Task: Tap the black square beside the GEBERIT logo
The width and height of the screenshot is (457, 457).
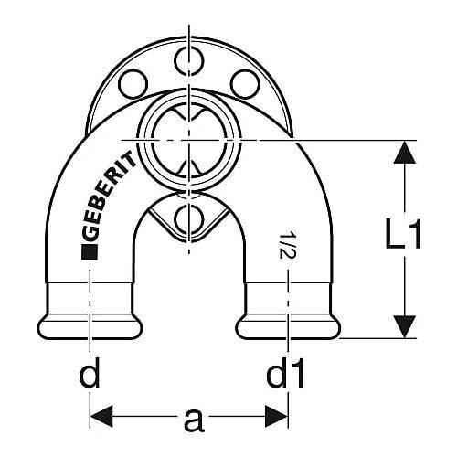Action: [90, 252]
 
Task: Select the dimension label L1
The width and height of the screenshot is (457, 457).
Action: [403, 233]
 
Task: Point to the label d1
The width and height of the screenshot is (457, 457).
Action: [285, 372]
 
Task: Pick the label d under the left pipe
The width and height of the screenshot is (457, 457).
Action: [90, 372]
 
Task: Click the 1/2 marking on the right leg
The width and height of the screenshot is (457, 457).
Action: [285, 245]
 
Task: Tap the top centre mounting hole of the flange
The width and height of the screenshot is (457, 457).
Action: [189, 60]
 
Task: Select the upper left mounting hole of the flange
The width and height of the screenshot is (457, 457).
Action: [133, 84]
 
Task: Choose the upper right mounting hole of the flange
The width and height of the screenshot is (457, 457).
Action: [245, 84]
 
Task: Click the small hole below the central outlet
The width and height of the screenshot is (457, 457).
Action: [189, 218]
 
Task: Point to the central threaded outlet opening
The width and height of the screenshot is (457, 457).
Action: [189, 140]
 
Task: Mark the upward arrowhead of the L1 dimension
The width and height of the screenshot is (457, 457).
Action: [405, 153]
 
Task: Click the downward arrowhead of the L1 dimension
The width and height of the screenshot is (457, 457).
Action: [405, 326]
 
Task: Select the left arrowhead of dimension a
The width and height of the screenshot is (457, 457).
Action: [101, 416]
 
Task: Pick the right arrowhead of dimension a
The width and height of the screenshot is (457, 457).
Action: [277, 416]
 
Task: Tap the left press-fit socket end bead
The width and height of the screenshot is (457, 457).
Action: [90, 326]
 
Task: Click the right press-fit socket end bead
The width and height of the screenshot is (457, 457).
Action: [288, 326]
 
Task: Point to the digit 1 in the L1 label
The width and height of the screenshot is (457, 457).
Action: [414, 233]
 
